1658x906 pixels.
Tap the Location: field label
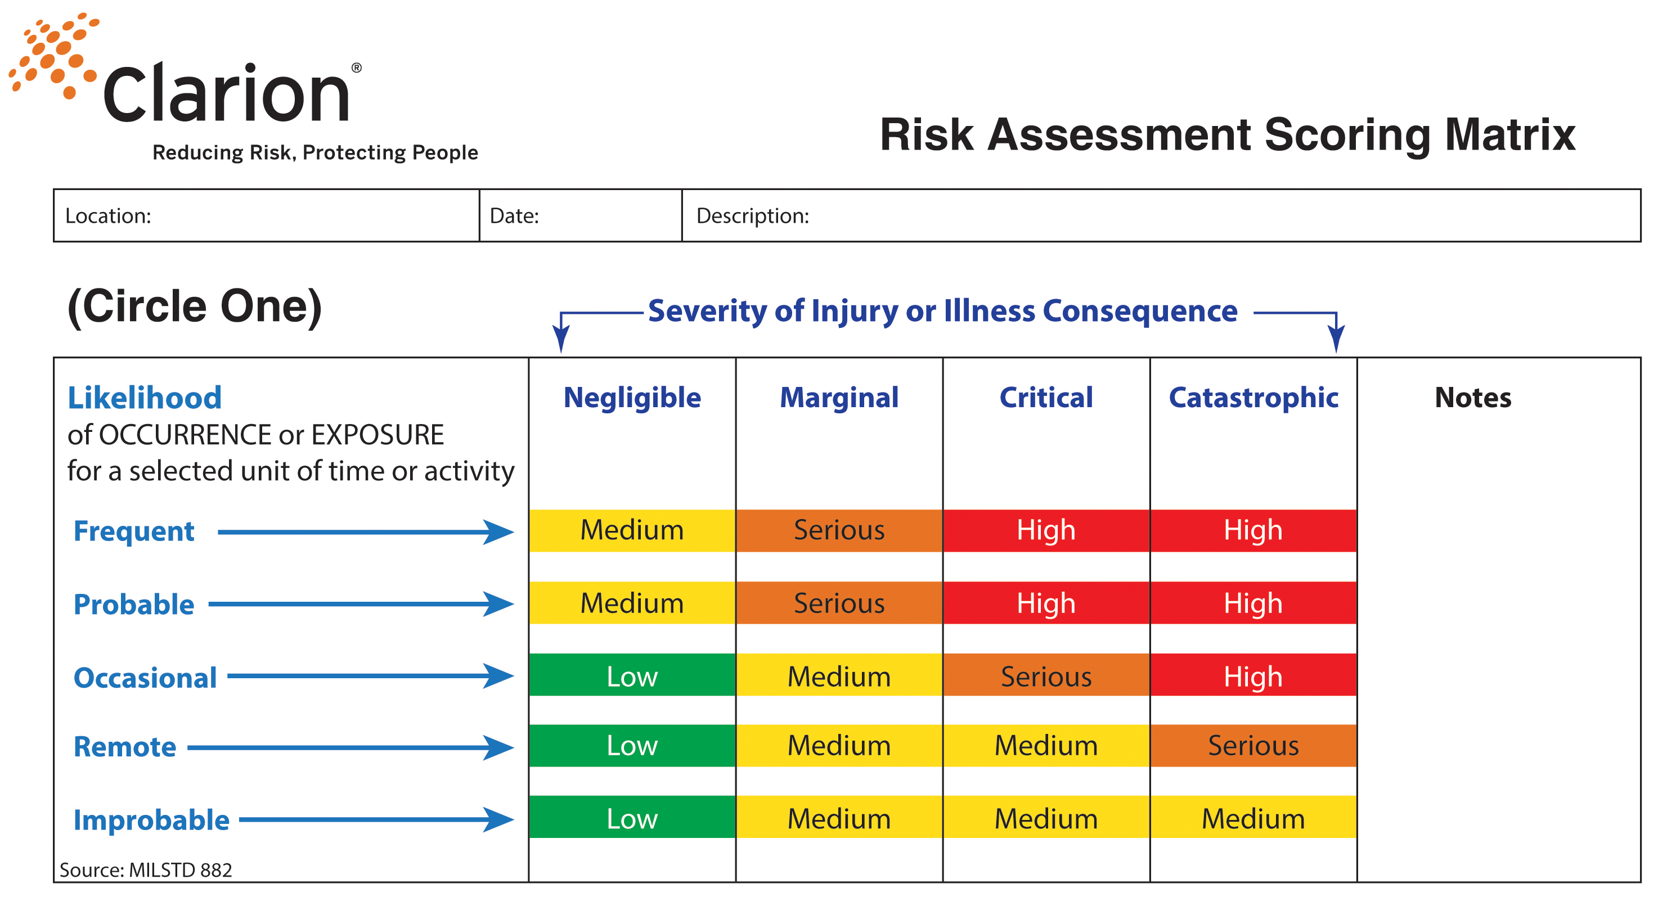108,215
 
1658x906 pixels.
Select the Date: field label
514,215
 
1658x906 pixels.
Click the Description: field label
752,215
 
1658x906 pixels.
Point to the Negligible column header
632,397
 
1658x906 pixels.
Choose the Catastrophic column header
1253,397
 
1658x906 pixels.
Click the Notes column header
1473,397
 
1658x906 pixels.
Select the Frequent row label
134,531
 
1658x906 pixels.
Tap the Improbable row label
151,820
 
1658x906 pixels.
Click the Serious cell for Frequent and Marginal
839,530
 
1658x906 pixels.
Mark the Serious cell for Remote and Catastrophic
1253,745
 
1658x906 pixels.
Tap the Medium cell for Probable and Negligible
632,602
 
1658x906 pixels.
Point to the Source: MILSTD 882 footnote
146,870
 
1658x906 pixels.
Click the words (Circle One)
194,306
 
